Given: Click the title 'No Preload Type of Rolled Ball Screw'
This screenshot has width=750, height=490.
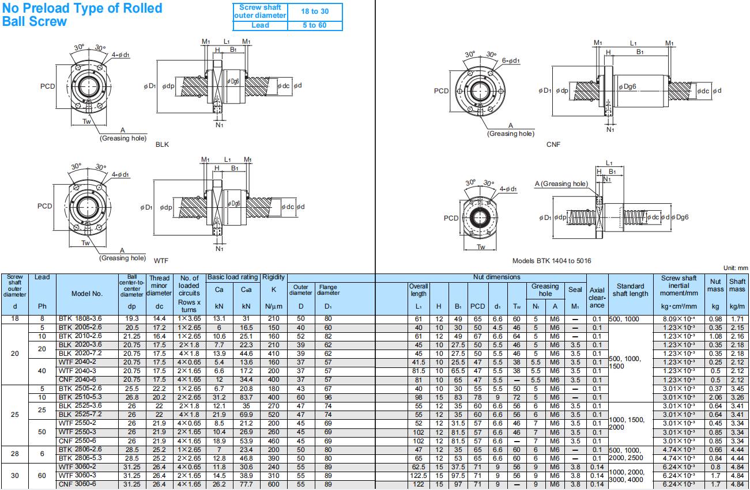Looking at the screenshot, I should click(x=82, y=15).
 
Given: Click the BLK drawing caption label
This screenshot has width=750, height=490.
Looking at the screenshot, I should click(x=162, y=145).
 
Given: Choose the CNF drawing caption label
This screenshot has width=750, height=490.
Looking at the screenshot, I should click(x=553, y=145).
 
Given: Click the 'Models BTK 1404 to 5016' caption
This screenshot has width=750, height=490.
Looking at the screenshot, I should click(x=552, y=261).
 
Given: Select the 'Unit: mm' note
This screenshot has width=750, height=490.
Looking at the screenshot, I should click(x=734, y=268).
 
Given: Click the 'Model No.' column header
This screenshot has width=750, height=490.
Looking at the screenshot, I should click(x=87, y=294).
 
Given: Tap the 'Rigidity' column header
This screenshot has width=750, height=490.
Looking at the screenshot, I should click(x=274, y=278).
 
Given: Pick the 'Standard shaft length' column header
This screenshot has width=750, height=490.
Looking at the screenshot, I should click(x=630, y=290).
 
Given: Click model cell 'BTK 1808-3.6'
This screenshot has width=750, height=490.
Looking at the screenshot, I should click(x=80, y=319).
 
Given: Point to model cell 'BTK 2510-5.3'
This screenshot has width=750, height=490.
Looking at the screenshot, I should click(x=80, y=397).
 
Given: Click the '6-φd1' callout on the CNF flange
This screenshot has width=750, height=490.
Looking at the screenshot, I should click(x=511, y=60).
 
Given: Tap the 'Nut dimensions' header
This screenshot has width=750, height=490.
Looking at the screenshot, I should click(x=496, y=278).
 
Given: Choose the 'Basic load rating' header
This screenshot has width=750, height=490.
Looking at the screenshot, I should click(x=233, y=278).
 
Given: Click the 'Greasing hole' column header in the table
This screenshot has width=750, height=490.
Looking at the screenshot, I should click(x=545, y=290).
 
